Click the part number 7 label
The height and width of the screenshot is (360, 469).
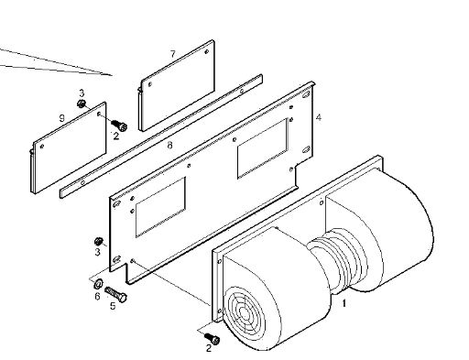173,54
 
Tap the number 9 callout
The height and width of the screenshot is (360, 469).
62,118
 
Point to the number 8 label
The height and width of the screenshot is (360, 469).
170,146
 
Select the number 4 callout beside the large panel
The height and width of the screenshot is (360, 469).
319,117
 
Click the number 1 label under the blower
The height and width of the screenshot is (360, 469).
344,303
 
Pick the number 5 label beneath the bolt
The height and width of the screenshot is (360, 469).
113,306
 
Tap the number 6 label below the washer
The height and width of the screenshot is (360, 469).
97,296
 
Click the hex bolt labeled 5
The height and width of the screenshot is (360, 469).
115,294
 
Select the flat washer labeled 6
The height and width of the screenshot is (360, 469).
98,284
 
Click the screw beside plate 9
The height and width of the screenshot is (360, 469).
119,125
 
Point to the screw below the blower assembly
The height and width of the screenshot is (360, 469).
213,339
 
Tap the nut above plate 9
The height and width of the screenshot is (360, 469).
82,104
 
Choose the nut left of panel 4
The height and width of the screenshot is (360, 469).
98,242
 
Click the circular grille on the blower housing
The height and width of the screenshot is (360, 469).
244,312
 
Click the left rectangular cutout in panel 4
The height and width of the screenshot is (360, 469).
160,207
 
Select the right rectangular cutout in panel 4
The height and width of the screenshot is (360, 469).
263,148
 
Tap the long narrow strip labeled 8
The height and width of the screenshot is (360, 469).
161,136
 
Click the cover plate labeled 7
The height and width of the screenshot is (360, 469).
177,85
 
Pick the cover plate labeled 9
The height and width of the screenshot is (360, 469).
69,147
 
